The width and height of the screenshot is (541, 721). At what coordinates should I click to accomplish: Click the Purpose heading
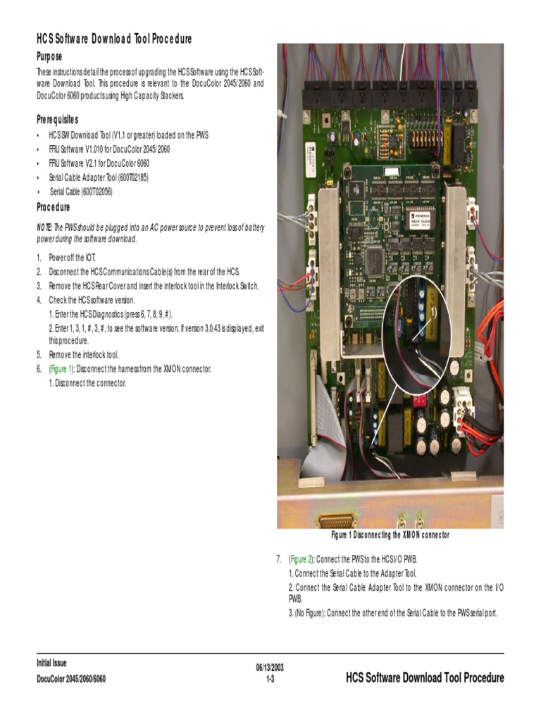[49, 56]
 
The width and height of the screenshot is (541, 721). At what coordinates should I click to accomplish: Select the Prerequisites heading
[58, 119]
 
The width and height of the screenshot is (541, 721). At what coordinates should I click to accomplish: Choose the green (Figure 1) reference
[61, 369]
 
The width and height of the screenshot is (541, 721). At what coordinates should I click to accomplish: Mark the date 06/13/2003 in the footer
[270, 667]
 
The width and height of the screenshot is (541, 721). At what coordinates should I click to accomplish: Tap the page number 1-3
[270, 679]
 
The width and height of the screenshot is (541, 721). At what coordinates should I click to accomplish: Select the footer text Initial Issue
[51, 663]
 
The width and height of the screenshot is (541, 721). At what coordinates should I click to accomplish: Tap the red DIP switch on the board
[418, 399]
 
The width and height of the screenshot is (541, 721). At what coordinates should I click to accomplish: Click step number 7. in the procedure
[279, 559]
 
